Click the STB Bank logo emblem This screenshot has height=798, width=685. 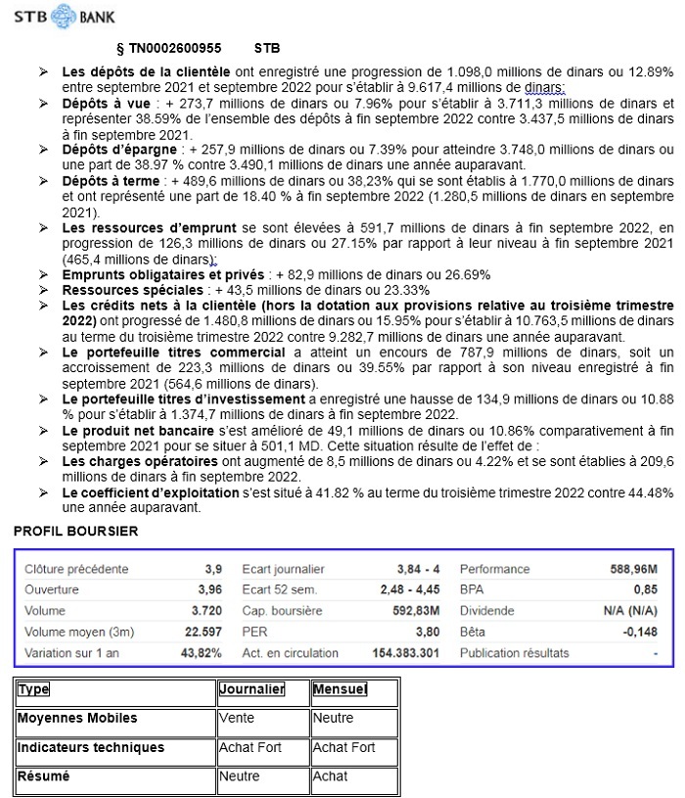coord(64,16)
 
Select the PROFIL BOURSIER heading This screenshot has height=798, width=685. coord(75,532)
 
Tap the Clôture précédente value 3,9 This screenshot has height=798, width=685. coord(213,569)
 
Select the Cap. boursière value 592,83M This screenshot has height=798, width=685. coord(414,611)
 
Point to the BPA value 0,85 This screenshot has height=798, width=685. coord(645,589)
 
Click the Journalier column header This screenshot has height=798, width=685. coord(251,689)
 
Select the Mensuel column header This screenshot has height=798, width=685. coord(340,689)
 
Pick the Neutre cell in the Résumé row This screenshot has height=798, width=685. coord(240,776)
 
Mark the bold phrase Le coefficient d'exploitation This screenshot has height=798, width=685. coord(136,493)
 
